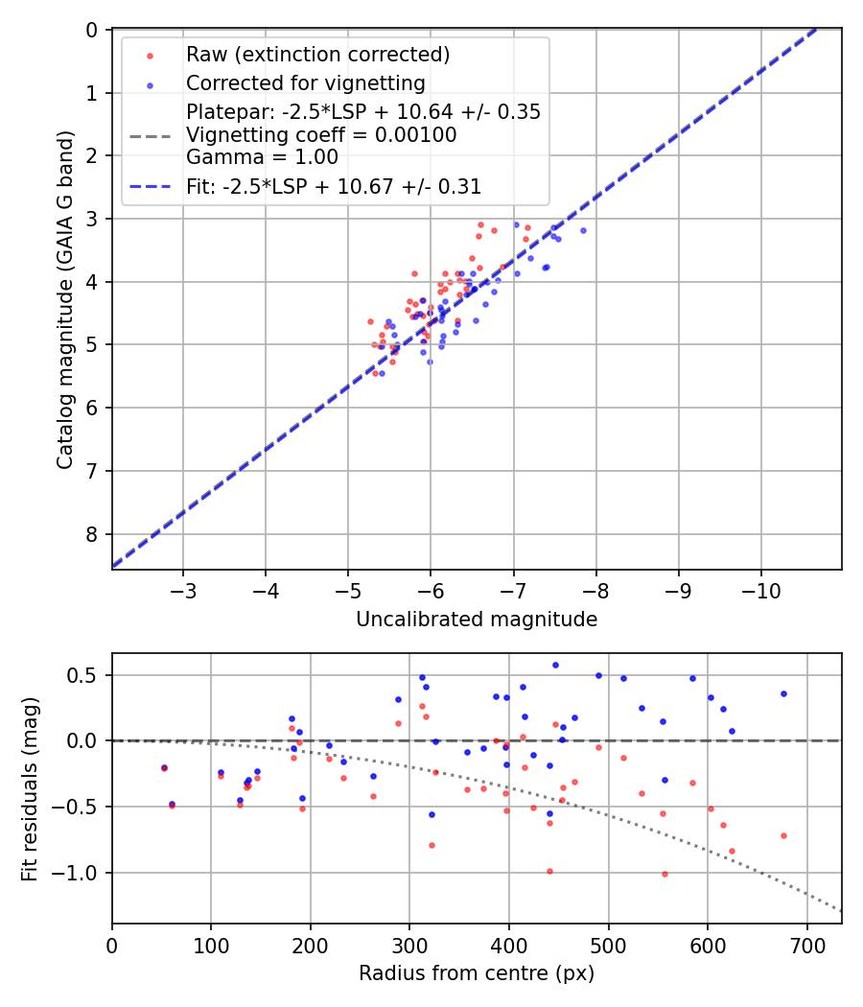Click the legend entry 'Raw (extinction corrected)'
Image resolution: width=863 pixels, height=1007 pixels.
click(318, 54)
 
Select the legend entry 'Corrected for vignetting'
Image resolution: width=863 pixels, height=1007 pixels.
click(306, 82)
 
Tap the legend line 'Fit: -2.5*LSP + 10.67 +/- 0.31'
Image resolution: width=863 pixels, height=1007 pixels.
click(334, 187)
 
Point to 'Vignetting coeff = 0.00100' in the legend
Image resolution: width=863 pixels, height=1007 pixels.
click(321, 134)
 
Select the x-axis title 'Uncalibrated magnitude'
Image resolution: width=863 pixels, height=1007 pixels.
click(477, 620)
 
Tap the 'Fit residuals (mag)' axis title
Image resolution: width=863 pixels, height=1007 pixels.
click(30, 788)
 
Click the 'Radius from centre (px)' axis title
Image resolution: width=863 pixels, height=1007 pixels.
click(477, 973)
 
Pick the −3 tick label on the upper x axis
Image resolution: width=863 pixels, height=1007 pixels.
click(183, 588)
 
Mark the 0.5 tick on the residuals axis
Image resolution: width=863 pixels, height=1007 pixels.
click(88, 675)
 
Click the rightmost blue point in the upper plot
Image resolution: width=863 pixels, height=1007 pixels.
click(583, 230)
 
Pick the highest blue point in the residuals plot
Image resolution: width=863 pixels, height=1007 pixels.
click(554, 665)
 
